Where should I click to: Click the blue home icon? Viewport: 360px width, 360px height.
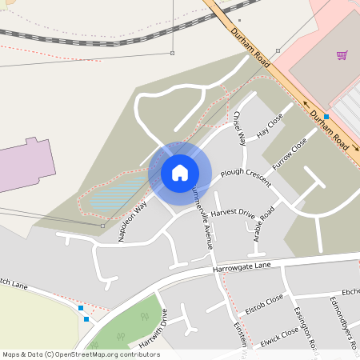180,173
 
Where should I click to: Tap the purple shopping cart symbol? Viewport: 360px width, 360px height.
342,55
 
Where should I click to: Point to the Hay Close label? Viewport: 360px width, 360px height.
270,126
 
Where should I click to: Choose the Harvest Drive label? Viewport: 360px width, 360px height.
233,214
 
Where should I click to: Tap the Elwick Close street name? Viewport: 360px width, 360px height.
279,335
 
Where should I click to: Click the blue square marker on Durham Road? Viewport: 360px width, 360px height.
326,118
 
